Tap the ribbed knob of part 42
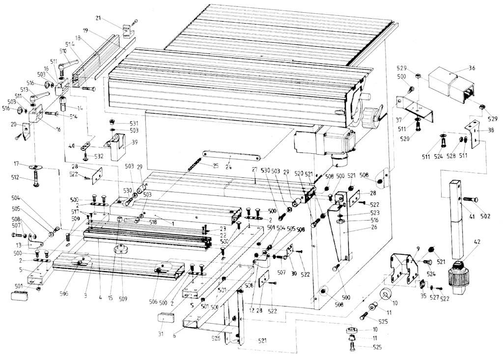pos(460,277)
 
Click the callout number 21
pos(98,18)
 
